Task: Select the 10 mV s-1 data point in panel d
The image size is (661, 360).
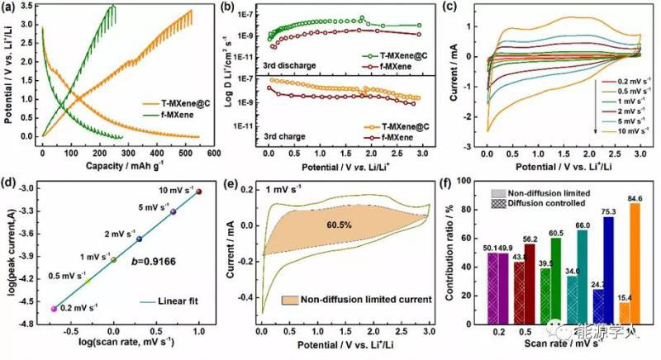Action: click(x=198, y=192)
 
